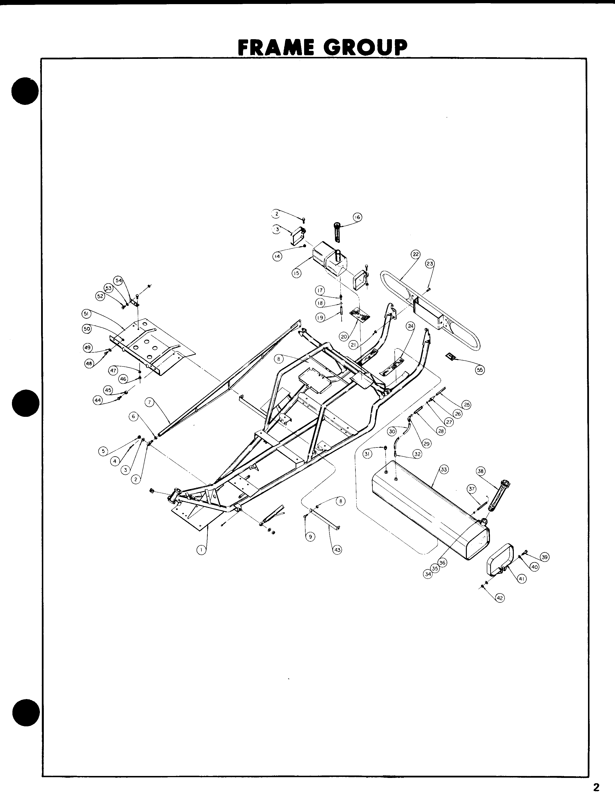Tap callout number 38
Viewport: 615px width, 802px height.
pyautogui.click(x=481, y=471)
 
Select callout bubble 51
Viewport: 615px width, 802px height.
pyautogui.click(x=86, y=314)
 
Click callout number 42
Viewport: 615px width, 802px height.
pyautogui.click(x=500, y=598)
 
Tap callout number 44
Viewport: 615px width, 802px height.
pyautogui.click(x=98, y=401)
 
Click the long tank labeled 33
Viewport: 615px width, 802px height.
pyautogui.click(x=428, y=509)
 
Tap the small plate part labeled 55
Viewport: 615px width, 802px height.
pyautogui.click(x=450, y=356)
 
